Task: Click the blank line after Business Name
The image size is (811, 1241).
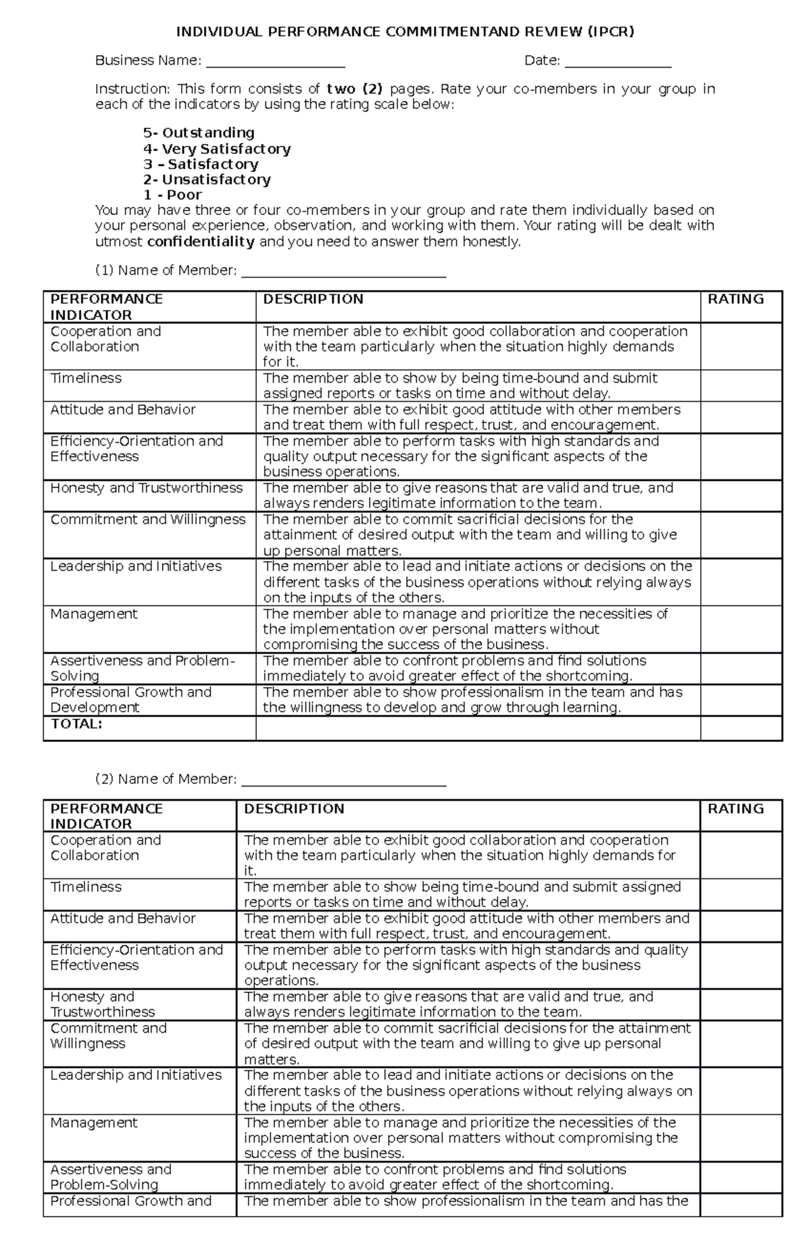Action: [275, 63]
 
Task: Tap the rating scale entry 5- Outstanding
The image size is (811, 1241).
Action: [199, 133]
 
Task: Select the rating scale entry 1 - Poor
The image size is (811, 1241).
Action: [172, 195]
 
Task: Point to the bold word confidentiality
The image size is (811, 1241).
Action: [201, 241]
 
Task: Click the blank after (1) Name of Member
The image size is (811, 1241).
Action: [343, 273]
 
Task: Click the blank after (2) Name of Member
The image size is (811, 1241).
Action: [343, 781]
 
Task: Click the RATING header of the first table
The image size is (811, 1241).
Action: [735, 299]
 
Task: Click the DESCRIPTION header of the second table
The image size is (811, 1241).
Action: [294, 808]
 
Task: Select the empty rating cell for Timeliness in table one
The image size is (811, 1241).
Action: [741, 385]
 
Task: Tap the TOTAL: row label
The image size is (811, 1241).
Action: [76, 724]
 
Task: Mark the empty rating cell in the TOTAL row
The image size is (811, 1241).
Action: [741, 728]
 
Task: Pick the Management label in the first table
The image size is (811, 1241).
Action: [94, 614]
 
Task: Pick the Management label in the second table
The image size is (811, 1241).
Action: [94, 1123]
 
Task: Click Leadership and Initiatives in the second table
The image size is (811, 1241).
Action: [136, 1075]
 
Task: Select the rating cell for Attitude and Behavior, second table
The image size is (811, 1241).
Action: [741, 926]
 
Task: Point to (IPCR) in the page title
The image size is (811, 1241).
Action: [611, 32]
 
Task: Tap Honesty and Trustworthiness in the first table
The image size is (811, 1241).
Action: [146, 488]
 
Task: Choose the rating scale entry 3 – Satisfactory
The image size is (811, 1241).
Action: [201, 164]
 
